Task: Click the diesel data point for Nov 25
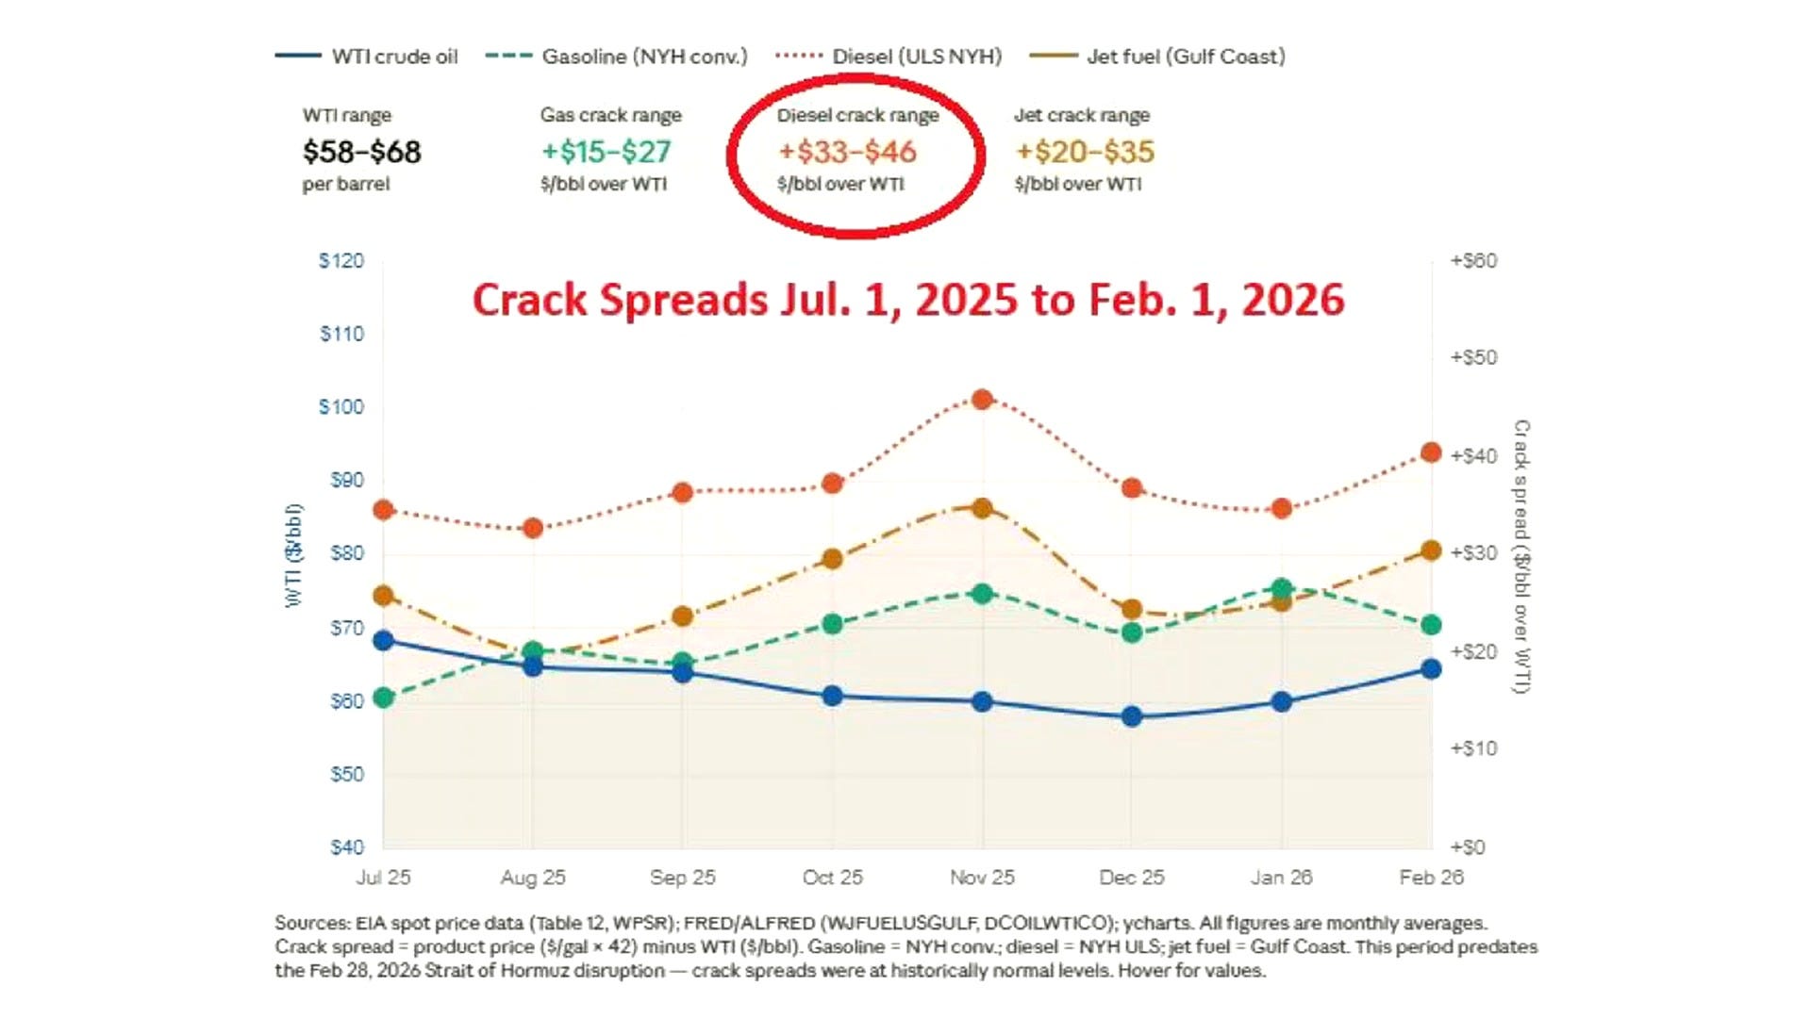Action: coord(982,400)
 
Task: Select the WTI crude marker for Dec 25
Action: coord(1132,716)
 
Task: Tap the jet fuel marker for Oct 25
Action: coord(832,559)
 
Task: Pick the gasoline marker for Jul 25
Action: coord(383,698)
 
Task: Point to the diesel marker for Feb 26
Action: coord(1431,452)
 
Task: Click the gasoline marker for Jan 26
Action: coord(1282,589)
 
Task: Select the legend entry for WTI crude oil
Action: coord(367,57)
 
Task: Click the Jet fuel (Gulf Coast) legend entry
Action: coord(1158,57)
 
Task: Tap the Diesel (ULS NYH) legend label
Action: coord(917,57)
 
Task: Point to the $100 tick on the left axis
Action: coord(341,406)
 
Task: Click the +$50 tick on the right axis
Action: coord(1473,357)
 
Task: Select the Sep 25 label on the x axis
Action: coord(683,878)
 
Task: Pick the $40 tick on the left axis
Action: coord(346,847)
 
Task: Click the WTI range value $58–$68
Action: coord(362,152)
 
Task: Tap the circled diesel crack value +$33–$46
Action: coord(847,152)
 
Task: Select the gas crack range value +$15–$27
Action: coord(606,152)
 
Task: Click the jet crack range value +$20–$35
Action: coord(1085,152)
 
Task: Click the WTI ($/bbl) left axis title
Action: coord(294,556)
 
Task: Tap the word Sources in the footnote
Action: coord(311,924)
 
